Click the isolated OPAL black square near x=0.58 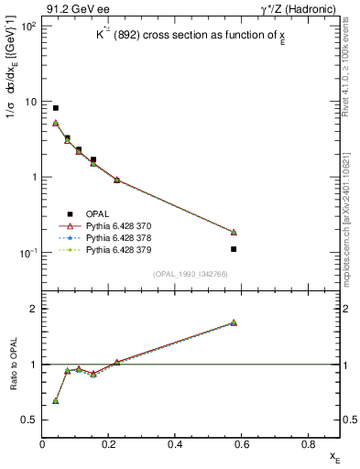coord(234,249)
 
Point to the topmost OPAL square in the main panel coord(56,108)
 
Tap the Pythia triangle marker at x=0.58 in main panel coord(234,232)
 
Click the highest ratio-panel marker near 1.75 coord(234,322)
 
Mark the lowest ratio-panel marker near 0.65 coord(56,401)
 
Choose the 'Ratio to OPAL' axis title coord(13,365)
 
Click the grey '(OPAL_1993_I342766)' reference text coord(191,273)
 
